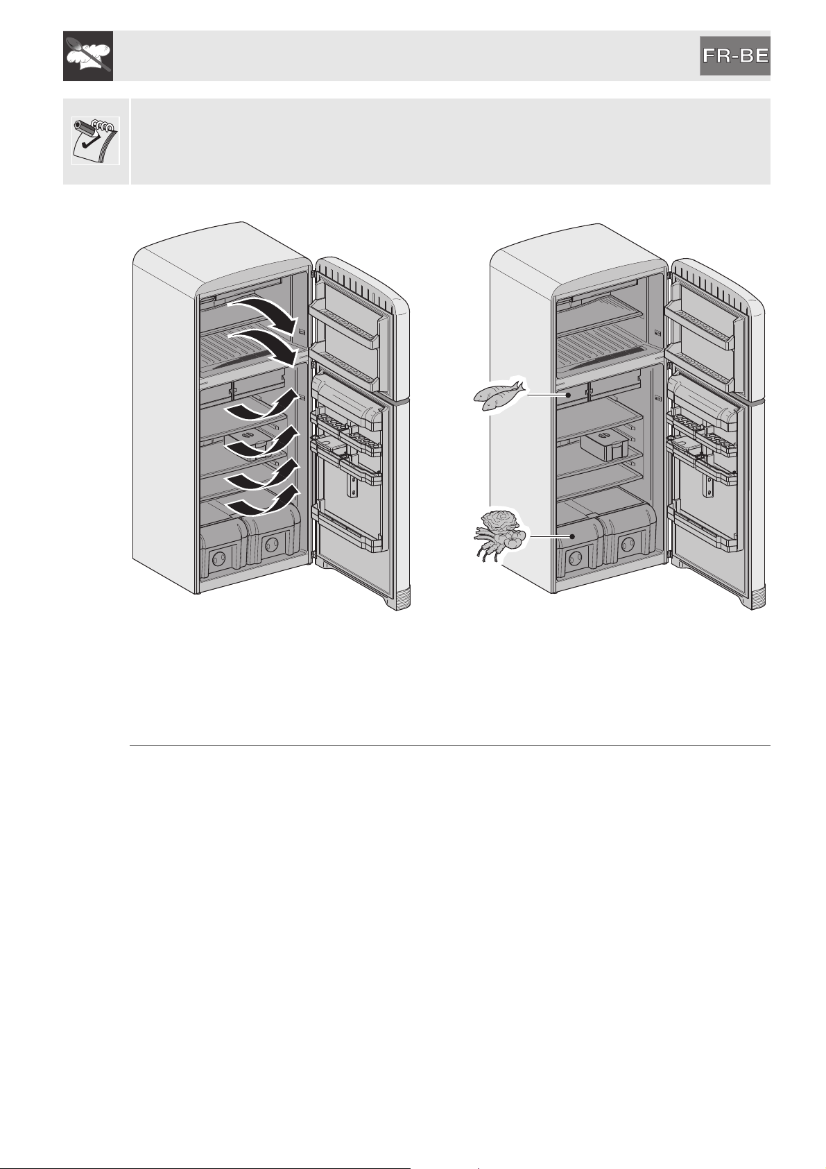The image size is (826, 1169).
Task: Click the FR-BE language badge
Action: [734, 56]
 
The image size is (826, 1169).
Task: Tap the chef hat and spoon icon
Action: [88, 56]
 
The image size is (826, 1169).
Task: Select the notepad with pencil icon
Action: [96, 140]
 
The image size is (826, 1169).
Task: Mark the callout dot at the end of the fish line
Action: [568, 395]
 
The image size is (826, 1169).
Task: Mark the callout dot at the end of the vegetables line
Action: [572, 536]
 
